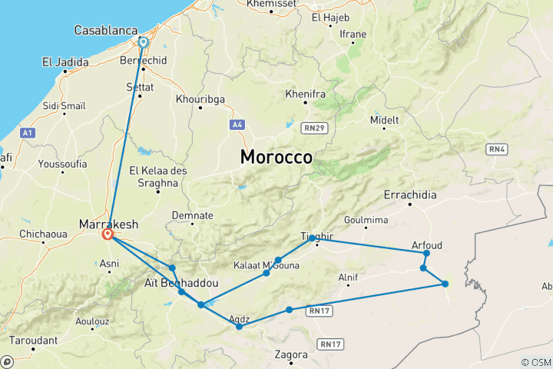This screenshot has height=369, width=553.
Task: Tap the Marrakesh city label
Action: point(109,224)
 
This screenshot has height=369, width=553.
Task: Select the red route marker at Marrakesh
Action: point(108,234)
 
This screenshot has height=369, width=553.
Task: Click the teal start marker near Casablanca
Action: point(144,42)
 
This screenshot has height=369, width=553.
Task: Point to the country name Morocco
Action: point(276,157)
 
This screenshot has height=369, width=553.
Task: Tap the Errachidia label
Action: point(413,194)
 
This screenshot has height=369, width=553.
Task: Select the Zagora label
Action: point(291,354)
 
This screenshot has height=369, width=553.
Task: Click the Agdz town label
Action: point(240,318)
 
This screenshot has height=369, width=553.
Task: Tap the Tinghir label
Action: point(316,238)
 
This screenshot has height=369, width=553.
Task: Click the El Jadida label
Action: point(66,62)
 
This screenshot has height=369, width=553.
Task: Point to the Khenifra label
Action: point(301,94)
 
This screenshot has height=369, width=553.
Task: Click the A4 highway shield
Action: point(237,124)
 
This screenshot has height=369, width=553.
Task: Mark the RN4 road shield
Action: point(496,148)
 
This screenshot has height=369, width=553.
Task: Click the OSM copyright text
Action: point(535,362)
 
